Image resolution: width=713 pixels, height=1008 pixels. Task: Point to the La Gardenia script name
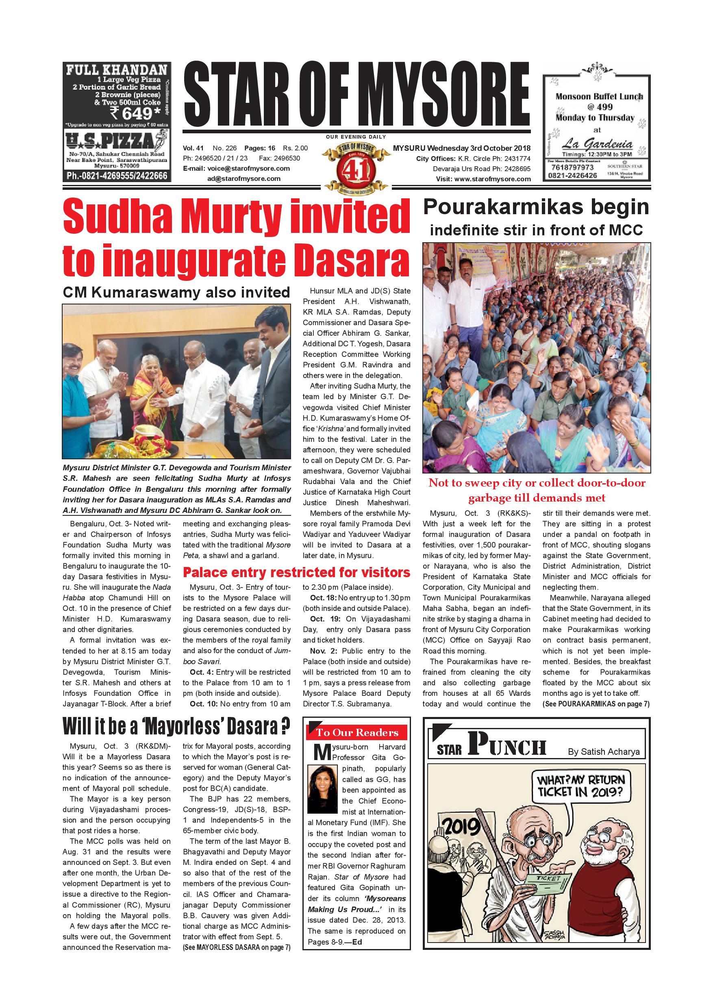[x=598, y=143]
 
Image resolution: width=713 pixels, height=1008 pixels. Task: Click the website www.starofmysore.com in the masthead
[x=492, y=179]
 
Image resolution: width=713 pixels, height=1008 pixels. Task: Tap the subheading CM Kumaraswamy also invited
[x=176, y=293]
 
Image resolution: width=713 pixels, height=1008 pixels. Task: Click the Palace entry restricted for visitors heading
[x=296, y=573]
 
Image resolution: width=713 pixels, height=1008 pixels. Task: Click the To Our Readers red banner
[x=356, y=733]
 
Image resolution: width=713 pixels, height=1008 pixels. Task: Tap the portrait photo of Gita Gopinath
[x=323, y=789]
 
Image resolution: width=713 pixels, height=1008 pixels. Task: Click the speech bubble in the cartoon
[x=580, y=786]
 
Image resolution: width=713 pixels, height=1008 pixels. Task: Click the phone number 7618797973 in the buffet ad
[x=572, y=168]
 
